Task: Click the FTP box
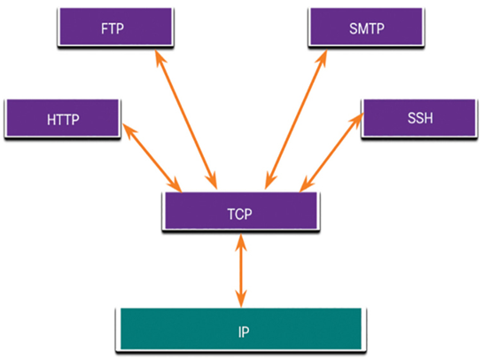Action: click(115, 27)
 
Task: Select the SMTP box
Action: click(366, 27)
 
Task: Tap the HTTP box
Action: click(63, 118)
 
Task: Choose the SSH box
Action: click(419, 118)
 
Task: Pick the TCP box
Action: click(241, 211)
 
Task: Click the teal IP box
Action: click(241, 330)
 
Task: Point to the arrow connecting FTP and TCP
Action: click(186, 120)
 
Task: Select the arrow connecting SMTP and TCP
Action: click(296, 120)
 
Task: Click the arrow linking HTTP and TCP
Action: click(152, 158)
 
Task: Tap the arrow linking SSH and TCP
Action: click(331, 153)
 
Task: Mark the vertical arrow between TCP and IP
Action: click(241, 271)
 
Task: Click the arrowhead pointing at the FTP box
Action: click(160, 58)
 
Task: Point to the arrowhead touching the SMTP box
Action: click(323, 58)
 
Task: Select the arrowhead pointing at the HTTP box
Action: click(129, 130)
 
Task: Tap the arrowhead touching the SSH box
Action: click(357, 121)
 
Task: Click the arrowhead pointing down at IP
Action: click(241, 299)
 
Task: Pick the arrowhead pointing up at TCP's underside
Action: click(241, 243)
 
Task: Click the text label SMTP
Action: click(367, 28)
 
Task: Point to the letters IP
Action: click(244, 332)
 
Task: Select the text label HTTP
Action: click(63, 120)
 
